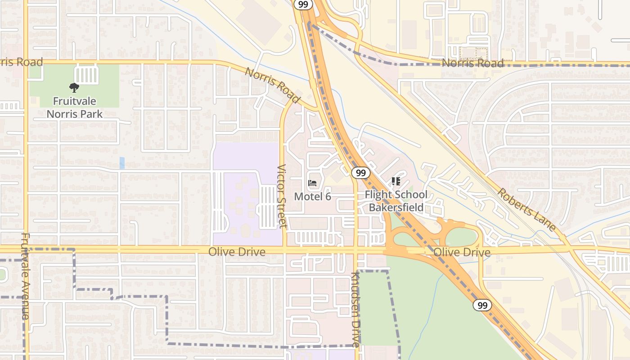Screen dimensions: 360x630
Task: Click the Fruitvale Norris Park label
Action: [x=75, y=108]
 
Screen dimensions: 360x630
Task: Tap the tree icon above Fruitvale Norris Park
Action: [x=74, y=88]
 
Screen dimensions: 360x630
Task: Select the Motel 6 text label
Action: [x=312, y=197]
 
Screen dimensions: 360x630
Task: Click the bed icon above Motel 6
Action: [x=312, y=183]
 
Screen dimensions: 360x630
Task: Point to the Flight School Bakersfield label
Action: [x=396, y=201]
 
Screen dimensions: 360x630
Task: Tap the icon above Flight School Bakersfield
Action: [x=396, y=181]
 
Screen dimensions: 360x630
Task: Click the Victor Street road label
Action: [x=282, y=196]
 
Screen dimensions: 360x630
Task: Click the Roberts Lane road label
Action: [x=526, y=210]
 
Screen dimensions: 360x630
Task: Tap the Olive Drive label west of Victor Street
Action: [x=237, y=252]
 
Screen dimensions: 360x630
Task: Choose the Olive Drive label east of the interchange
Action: [x=462, y=252]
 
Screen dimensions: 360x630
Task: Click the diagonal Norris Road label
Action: [x=273, y=85]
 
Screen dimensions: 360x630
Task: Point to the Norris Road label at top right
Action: [x=472, y=63]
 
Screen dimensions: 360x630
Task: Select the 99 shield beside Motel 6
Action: [x=361, y=173]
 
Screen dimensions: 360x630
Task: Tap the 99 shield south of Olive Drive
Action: [x=482, y=306]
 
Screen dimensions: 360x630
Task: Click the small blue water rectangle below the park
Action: [x=122, y=163]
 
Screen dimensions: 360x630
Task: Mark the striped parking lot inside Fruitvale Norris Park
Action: [x=86, y=74]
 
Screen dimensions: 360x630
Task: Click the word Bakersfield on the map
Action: [x=396, y=207]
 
